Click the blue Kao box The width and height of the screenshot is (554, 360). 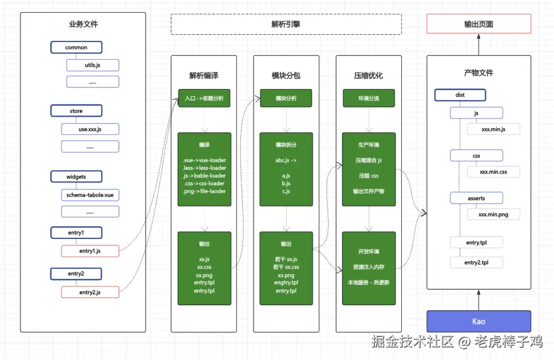coord(479,321)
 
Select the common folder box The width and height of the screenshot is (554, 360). coord(76,48)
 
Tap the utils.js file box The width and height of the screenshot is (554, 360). coord(92,65)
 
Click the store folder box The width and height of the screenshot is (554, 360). coord(76,111)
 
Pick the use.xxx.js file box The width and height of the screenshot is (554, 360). coord(90,129)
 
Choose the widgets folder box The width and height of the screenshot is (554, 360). coord(76,176)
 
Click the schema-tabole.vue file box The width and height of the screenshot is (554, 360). coord(90,195)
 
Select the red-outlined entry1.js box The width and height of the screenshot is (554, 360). coord(90,251)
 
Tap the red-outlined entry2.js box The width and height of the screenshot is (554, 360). coord(90,292)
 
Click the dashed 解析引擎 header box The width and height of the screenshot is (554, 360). coord(286,24)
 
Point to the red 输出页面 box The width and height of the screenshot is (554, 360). coord(479,24)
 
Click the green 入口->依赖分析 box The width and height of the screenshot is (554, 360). coord(204,98)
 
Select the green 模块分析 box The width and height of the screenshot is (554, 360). coord(286,98)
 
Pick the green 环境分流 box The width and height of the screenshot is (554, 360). coord(369,98)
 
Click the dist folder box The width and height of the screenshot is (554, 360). coord(460,95)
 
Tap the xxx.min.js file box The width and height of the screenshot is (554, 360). coord(494,129)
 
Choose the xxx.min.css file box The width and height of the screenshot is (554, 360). coord(494,172)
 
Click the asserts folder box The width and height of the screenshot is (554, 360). coord(477,198)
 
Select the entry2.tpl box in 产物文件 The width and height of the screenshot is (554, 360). coord(477,263)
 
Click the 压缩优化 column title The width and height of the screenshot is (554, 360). coord(369,76)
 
